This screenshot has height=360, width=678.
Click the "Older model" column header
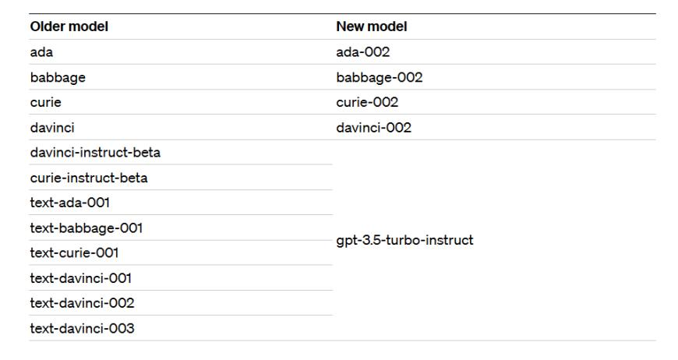69,26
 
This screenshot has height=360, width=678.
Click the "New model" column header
372,26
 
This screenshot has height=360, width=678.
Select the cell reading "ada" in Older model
41,51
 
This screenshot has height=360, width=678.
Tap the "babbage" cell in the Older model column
57,77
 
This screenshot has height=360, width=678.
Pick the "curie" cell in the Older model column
45,102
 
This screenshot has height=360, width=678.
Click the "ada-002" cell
362,51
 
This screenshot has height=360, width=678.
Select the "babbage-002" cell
379,77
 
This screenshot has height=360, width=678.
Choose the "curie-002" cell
367,102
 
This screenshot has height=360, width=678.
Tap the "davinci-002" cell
373,127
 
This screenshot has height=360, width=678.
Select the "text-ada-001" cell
69,203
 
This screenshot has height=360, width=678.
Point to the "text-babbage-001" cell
86,228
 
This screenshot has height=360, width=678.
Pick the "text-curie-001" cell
74,253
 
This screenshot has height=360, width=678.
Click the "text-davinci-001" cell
80,278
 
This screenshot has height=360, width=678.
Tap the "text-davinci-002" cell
81,303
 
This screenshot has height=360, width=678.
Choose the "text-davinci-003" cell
81,328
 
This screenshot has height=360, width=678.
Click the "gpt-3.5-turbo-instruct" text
404,240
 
